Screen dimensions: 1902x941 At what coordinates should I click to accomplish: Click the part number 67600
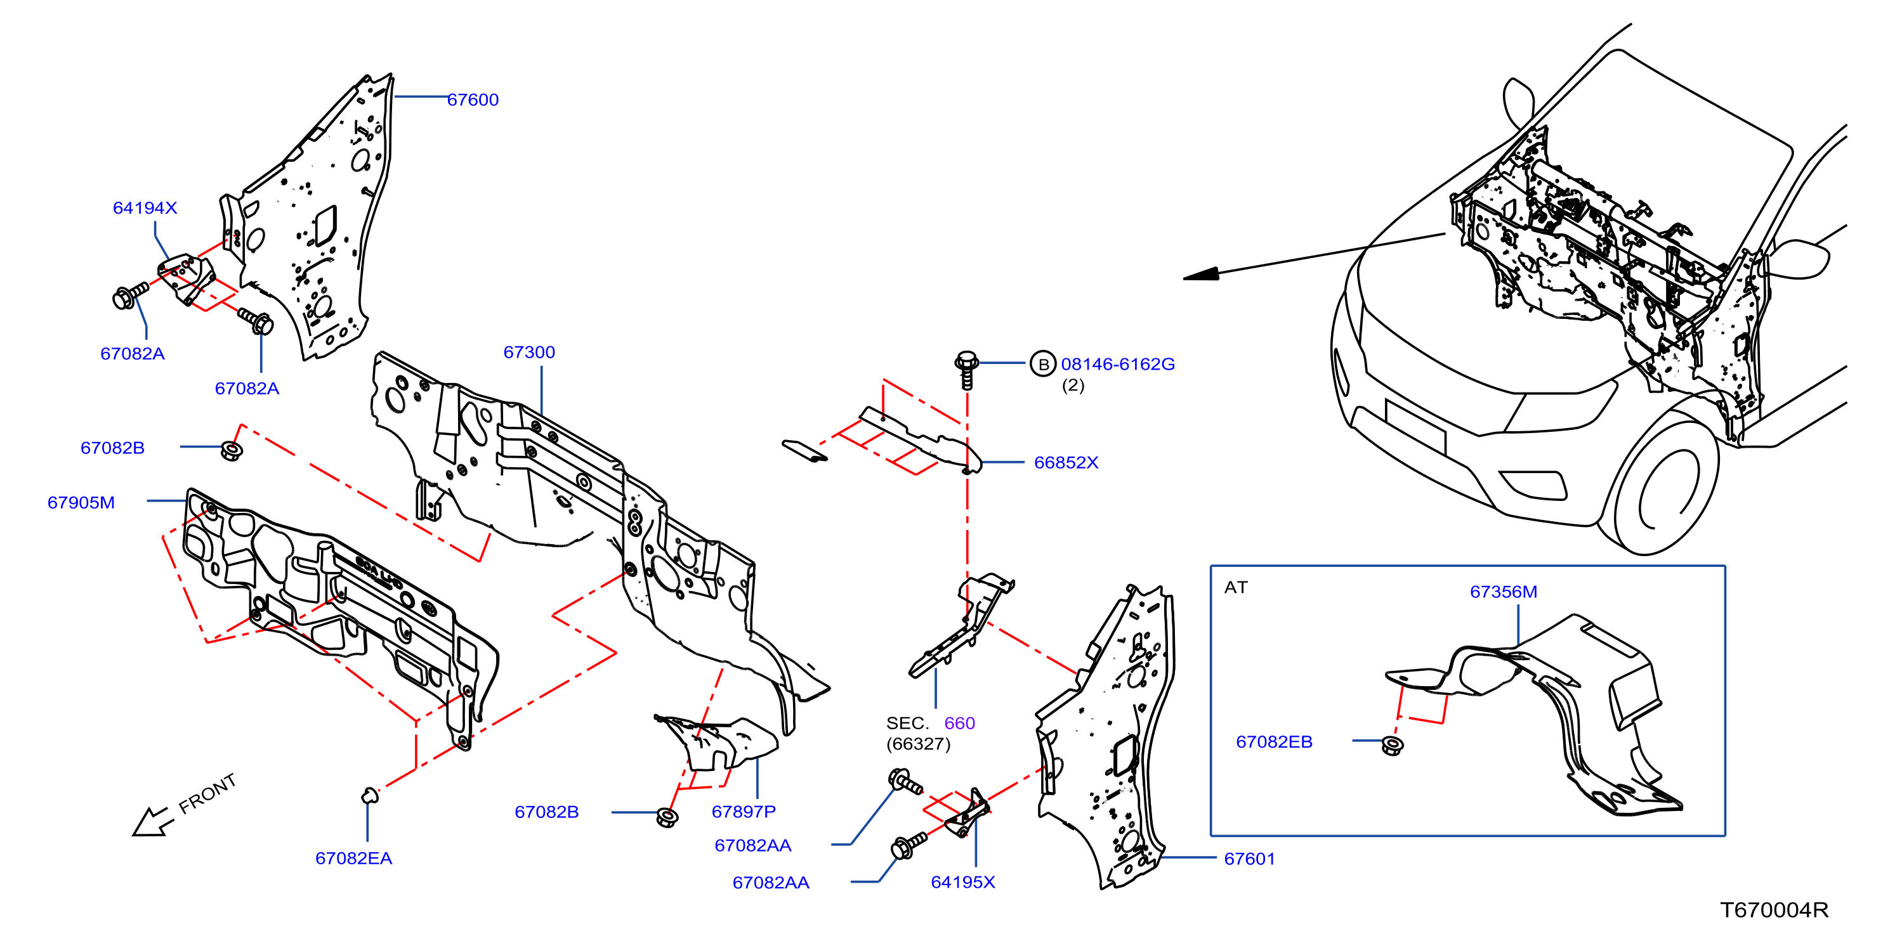pos(473,100)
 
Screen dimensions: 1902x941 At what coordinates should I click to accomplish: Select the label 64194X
pos(145,208)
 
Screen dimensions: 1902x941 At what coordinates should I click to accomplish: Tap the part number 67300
pos(528,353)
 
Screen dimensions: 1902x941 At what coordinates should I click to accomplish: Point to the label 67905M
pos(81,503)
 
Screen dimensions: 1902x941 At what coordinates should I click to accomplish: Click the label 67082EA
pos(353,859)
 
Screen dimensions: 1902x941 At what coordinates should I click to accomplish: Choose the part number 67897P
pos(744,812)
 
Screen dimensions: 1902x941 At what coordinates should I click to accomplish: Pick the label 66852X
pos(1066,463)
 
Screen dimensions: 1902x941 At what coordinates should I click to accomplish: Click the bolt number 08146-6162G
pos(1117,365)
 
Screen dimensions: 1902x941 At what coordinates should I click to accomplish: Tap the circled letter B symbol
pos(1042,364)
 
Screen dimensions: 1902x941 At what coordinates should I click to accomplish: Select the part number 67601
pos(1249,859)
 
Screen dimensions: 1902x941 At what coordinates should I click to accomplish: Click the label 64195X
pos(963,883)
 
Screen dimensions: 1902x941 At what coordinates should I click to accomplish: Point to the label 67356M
pos(1504,592)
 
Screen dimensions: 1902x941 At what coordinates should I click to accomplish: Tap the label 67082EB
pos(1275,743)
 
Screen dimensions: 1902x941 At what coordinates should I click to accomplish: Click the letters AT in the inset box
pos(1236,587)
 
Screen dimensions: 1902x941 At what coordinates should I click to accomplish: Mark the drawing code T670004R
pos(1774,910)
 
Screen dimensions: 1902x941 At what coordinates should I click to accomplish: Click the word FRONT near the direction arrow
pos(207,793)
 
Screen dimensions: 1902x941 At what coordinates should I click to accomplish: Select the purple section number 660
pos(960,724)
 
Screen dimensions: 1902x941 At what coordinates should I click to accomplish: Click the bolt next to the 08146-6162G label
pos(966,370)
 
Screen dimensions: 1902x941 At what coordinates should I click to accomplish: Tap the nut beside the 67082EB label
pos(1392,746)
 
